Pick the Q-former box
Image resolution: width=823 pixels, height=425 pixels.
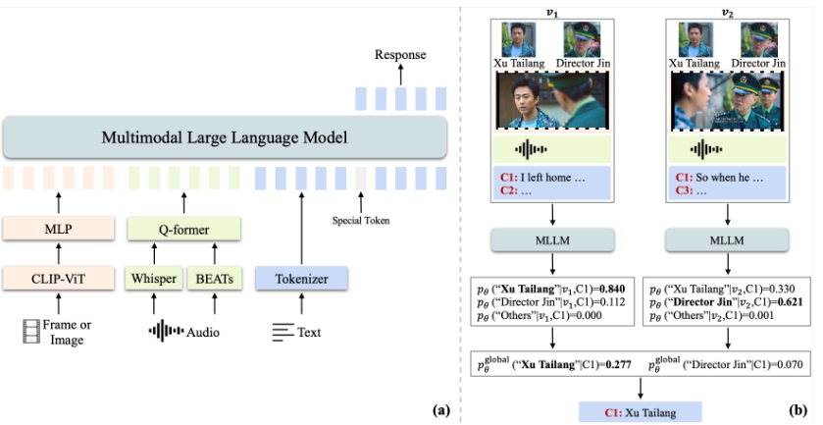pos(182,230)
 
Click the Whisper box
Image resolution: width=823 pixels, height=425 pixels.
pos(154,279)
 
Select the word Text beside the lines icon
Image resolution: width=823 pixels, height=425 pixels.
pos(309,332)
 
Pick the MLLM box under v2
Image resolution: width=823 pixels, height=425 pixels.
pos(724,240)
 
